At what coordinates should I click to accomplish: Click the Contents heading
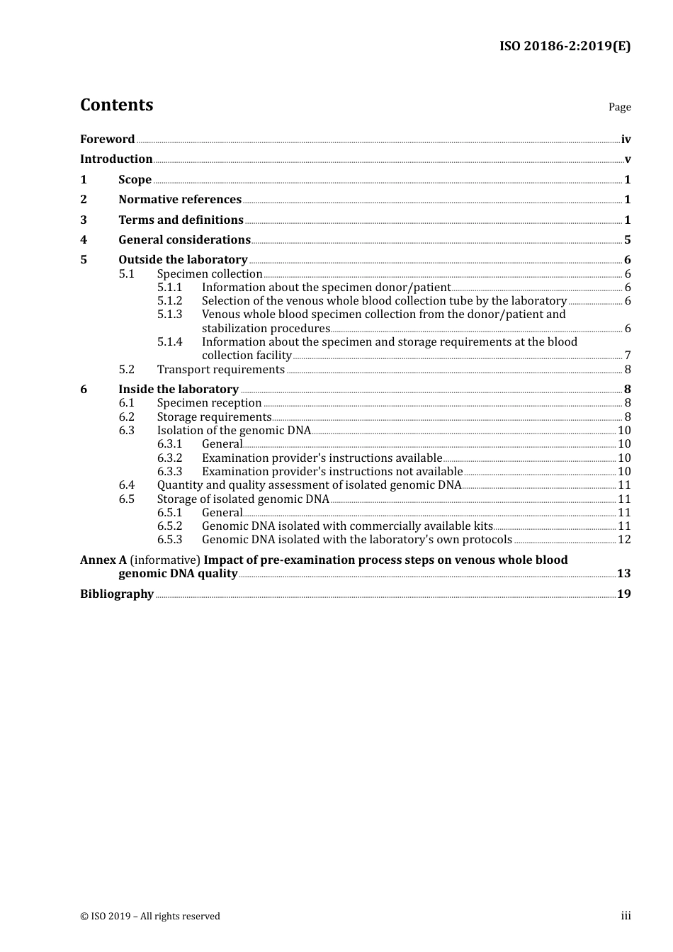tap(116, 105)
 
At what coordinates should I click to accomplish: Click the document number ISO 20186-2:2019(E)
tap(565, 46)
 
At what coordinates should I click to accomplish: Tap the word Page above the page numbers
tap(619, 107)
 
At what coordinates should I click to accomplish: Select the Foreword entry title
tap(107, 139)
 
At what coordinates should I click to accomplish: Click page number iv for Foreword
tap(626, 139)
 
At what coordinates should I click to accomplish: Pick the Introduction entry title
tap(116, 159)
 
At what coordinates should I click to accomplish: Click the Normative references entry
tap(180, 199)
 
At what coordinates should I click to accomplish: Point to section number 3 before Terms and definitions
tap(84, 220)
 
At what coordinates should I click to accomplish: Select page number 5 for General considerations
tap(627, 239)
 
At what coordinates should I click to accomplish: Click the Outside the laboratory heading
tap(183, 259)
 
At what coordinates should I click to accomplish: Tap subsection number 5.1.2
tap(169, 300)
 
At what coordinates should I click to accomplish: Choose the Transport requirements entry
tap(220, 369)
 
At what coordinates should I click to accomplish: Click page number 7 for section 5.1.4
tap(627, 355)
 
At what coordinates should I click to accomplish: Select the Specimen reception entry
tap(209, 402)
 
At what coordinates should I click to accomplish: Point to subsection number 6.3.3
tap(169, 471)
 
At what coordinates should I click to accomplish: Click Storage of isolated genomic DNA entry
tap(243, 499)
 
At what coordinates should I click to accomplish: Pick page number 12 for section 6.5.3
tap(624, 539)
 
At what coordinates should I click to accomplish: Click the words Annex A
tap(103, 560)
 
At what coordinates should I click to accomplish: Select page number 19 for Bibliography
tap(623, 594)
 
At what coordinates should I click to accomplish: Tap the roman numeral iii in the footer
tap(626, 916)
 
